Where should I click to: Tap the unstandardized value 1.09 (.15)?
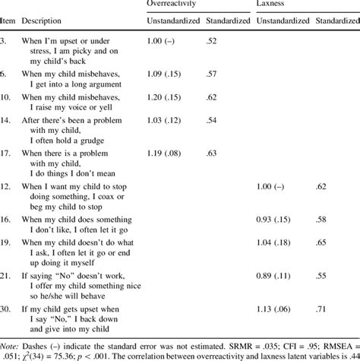click(166, 73)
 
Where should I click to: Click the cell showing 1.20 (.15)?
click(166, 98)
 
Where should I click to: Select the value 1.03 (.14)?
click(166, 121)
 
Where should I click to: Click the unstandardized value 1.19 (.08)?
click(166, 154)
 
